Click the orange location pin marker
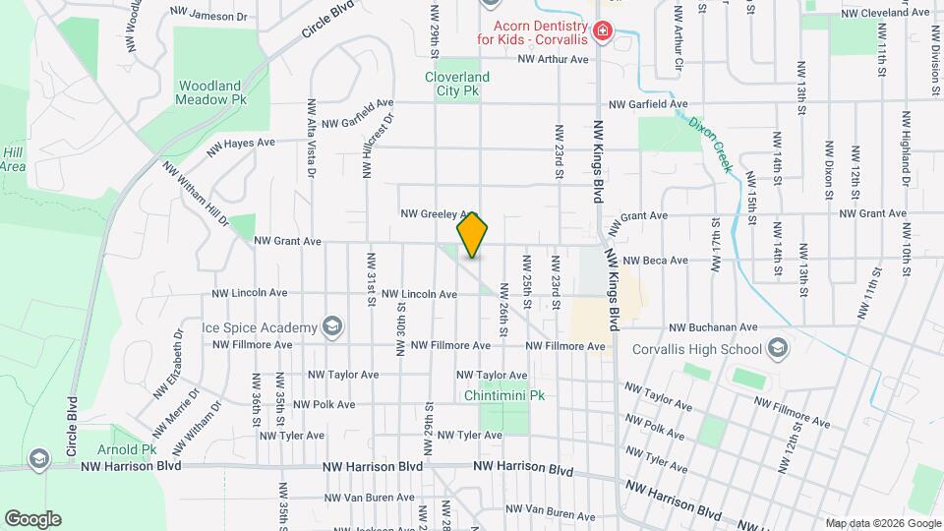(x=473, y=235)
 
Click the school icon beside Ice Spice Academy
(x=333, y=326)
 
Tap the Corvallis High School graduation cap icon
(x=777, y=347)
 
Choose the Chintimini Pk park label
(x=504, y=395)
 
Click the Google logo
(x=32, y=518)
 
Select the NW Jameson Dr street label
(x=207, y=16)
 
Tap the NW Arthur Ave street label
(x=553, y=60)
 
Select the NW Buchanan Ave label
(x=713, y=327)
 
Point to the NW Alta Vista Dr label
(x=312, y=138)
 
